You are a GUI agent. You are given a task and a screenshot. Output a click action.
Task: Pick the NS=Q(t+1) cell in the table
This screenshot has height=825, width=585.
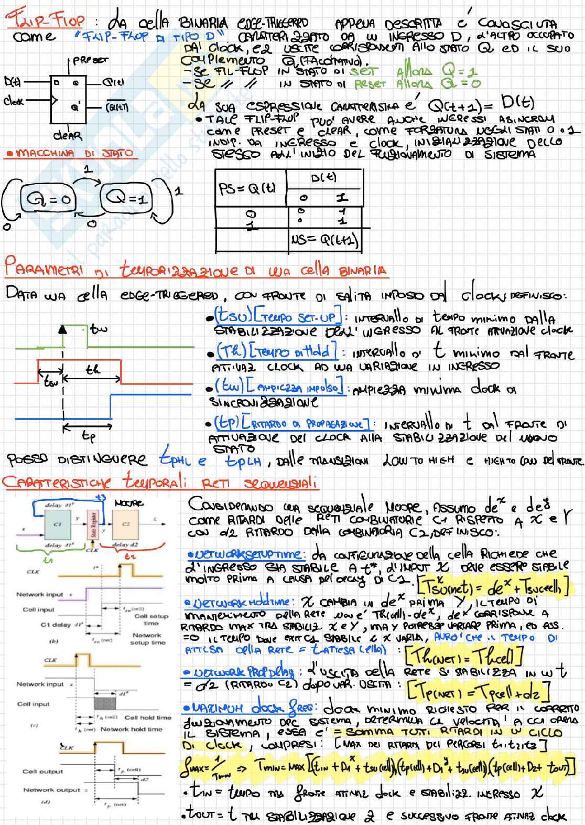pos(325,241)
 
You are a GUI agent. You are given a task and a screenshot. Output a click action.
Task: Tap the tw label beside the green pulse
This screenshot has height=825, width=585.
pos(98,329)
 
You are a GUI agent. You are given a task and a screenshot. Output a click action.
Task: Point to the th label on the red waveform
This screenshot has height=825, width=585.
pos(93,370)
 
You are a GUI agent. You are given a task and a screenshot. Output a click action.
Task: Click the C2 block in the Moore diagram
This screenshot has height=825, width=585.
pos(126,523)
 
